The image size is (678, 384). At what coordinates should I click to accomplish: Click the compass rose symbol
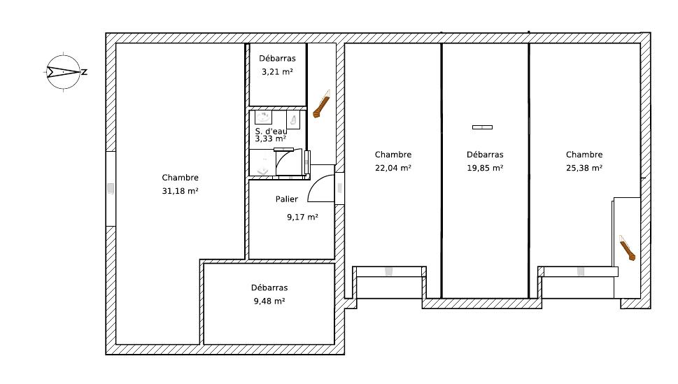tap(64, 72)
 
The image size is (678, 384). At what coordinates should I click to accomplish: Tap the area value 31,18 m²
tap(180, 191)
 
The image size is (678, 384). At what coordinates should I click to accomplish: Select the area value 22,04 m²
tap(393, 168)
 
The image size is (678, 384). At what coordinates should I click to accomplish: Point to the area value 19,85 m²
tap(485, 168)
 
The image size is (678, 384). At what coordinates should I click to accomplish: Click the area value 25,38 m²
tap(584, 168)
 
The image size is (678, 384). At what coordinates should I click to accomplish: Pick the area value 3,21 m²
tap(277, 72)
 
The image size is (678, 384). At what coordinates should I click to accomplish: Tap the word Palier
tap(287, 199)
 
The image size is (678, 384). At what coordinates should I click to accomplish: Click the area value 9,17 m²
tap(303, 217)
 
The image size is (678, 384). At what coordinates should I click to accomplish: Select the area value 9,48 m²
tap(269, 301)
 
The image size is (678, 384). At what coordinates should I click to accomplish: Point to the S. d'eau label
tap(271, 131)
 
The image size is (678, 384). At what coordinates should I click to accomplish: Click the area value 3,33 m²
tap(270, 138)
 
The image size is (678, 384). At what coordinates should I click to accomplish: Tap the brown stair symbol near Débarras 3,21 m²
tap(322, 104)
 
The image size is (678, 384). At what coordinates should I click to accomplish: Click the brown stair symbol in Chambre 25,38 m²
tap(627, 248)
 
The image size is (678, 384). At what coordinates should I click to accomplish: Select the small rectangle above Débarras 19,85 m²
tap(482, 127)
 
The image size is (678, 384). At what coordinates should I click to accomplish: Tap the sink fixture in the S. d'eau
tap(263, 118)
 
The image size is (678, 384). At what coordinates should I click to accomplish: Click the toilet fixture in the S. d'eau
tap(293, 120)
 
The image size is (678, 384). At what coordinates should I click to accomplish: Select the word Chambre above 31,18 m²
tap(180, 177)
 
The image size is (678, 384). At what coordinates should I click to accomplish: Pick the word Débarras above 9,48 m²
tap(269, 287)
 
